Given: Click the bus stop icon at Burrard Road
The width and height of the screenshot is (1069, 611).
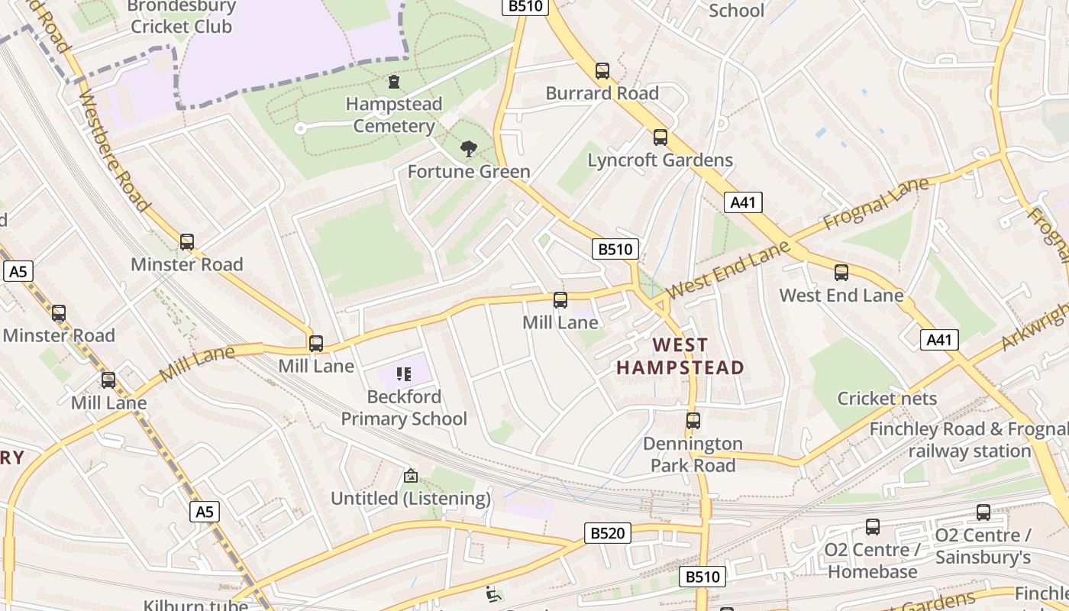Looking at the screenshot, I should point(602,71).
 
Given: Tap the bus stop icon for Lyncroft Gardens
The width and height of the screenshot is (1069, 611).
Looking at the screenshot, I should point(660,137).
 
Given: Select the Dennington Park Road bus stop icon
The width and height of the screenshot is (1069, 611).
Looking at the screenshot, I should point(693,421).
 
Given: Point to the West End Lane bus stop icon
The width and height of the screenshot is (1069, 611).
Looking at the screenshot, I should point(841,273).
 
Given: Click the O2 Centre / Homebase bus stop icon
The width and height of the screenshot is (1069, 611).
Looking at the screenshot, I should point(872,526).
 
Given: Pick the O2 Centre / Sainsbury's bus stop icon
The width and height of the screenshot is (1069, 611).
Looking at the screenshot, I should point(983,512).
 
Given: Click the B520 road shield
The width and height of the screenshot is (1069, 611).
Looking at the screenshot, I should point(608,533).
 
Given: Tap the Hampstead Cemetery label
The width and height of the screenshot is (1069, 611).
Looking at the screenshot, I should point(394,115).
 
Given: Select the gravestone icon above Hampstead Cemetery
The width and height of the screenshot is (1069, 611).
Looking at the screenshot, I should point(394,81).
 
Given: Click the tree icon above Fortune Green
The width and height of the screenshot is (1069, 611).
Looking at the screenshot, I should point(468,149).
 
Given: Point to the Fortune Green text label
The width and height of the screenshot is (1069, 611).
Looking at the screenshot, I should point(469,172).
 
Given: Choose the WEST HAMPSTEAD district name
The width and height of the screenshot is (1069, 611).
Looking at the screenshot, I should point(680,357).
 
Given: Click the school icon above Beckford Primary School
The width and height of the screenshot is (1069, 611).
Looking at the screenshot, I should point(404,374).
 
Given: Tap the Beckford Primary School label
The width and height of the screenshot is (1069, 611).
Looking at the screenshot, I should point(404,408).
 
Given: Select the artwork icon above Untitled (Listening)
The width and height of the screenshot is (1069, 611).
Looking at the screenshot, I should point(411,476).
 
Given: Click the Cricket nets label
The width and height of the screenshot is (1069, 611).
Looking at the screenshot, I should point(887,399).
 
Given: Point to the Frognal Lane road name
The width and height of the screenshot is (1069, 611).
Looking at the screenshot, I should point(877,205).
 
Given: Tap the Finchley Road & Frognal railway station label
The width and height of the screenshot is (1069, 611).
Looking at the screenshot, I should point(969,440).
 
